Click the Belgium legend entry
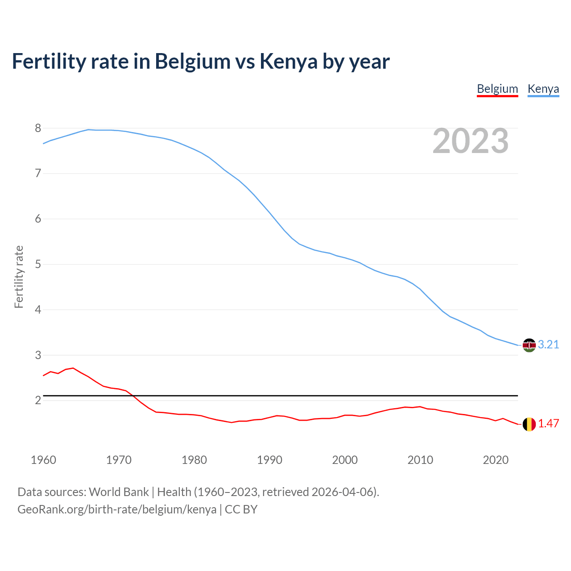(497, 89)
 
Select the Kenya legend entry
(543, 89)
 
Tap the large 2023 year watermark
(471, 141)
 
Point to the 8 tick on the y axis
(38, 128)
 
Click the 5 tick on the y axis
(38, 265)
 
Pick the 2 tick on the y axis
(38, 401)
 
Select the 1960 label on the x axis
(43, 460)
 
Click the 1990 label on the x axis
(269, 460)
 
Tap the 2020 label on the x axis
(496, 460)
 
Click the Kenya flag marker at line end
(529, 345)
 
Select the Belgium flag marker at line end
(529, 424)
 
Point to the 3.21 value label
(548, 345)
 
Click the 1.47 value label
(548, 424)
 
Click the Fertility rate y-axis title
(19, 277)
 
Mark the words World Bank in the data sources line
(119, 492)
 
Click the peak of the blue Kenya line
(88, 129)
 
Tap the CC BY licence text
(241, 509)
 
